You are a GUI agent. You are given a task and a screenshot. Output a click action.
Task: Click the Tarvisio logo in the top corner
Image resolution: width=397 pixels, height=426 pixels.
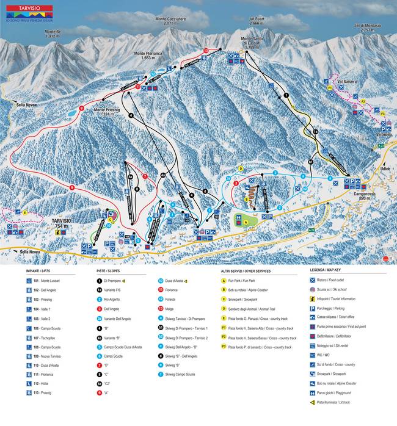coord(29,12)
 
